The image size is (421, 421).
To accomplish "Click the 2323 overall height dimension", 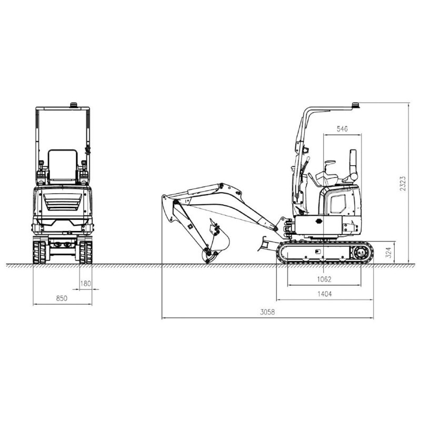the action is point(403,183).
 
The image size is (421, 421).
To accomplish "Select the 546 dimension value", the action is point(342,129).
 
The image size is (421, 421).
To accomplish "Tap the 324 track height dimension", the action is point(388,253).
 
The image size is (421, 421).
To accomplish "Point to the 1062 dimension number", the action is point(324,279).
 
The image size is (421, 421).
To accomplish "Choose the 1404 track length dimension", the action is point(325,294).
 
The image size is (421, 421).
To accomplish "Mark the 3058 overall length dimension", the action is point(267,312).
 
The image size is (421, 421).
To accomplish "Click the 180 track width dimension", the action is point(86,284).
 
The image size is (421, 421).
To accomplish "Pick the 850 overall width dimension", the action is point(62,298).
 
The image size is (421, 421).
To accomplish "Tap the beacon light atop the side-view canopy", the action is point(356,105).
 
